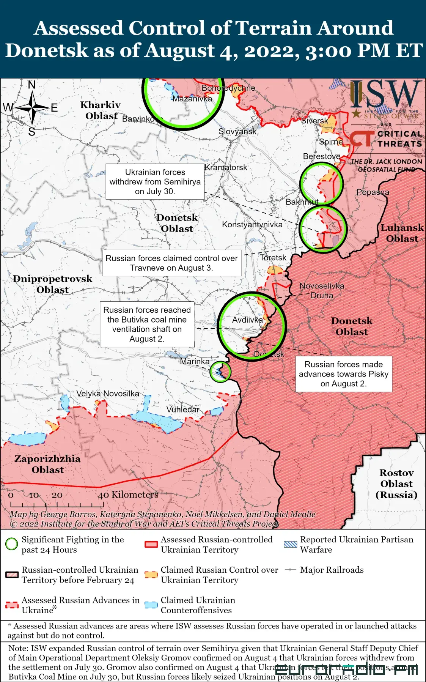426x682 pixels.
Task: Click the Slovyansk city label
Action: pos(237,132)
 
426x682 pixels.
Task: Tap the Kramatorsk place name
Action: pos(226,167)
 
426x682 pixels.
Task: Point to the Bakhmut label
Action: pos(302,202)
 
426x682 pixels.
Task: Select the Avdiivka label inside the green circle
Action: pos(247,320)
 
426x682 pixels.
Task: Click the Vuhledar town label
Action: pos(183,410)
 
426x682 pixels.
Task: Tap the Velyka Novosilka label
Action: pos(108,394)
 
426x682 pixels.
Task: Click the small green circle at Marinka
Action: pos(220,371)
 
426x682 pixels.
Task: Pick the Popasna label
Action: pos(373,192)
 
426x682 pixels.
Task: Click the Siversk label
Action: pos(314,121)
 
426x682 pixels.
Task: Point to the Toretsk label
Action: pos(273,258)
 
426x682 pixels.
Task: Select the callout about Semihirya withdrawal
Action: pos(155,182)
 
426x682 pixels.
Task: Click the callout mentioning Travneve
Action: pos(171,263)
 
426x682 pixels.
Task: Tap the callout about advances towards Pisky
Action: pos(343,374)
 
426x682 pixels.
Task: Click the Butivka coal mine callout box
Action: pos(147,324)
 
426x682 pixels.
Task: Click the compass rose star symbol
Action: pos(33,108)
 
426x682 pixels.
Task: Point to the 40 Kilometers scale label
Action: pos(128,495)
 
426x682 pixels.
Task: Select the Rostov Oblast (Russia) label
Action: pos(396,484)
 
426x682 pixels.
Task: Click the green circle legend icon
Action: pos(12,544)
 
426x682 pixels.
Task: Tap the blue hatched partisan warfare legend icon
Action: pos(290,544)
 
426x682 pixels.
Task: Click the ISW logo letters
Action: pos(385,95)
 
